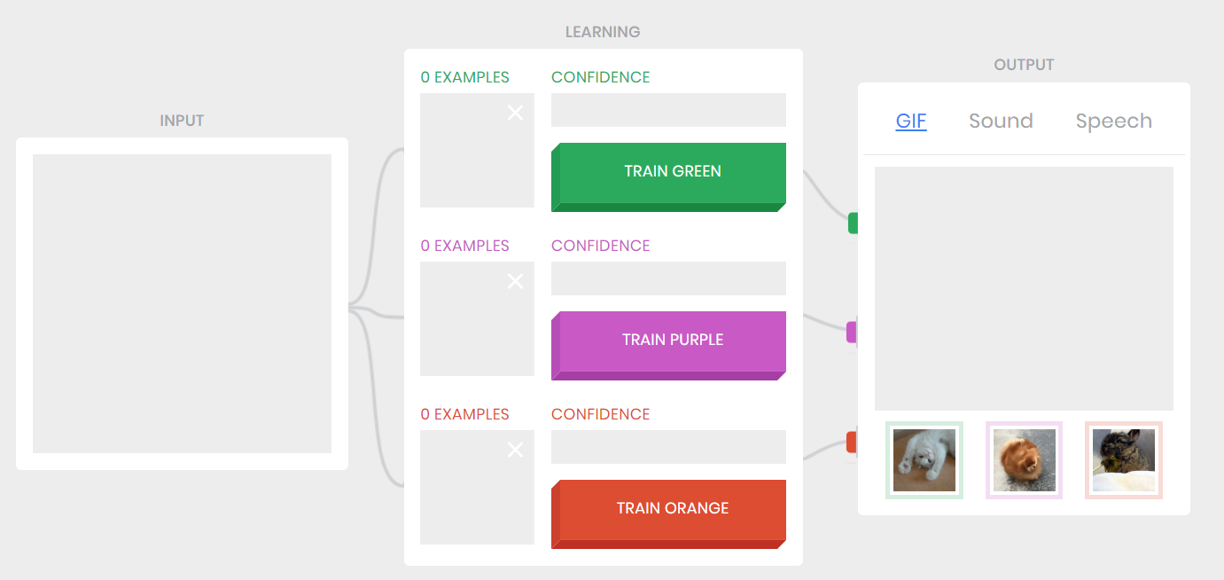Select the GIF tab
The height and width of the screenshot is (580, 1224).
911,121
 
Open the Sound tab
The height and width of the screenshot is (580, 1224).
1001,121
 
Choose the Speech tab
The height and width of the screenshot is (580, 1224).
1113,121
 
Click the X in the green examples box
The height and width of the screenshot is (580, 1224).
515,113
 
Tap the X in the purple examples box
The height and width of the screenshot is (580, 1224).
515,281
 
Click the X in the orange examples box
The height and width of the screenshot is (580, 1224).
515,450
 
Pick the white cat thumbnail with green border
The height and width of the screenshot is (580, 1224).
924,460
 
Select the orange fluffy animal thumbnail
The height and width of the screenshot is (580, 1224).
1024,460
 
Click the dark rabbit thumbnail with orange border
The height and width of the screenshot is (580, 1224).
1123,460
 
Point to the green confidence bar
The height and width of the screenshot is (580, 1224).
668,110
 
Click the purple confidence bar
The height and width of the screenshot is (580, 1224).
668,278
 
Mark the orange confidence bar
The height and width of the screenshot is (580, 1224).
668,447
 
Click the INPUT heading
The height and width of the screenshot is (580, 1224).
182,121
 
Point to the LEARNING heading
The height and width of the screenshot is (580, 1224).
603,32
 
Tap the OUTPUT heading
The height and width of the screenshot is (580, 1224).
1024,65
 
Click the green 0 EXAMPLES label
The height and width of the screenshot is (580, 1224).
464,77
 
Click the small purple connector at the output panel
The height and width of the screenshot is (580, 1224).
852,333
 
